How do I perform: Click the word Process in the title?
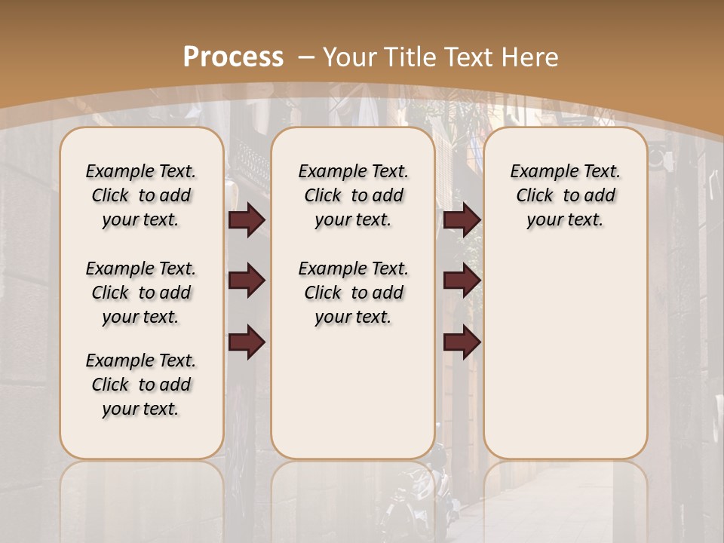(x=233, y=57)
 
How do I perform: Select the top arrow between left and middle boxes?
(x=247, y=220)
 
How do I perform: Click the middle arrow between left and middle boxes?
(x=247, y=281)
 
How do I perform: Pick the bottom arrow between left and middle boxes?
(x=247, y=342)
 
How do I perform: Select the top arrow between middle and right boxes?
(x=462, y=220)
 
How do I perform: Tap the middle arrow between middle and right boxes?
(x=462, y=281)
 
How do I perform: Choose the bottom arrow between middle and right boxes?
(x=462, y=342)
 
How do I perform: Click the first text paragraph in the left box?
(x=141, y=195)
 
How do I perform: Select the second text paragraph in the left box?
(x=141, y=293)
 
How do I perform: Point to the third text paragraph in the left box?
(x=141, y=385)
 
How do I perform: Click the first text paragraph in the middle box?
(x=353, y=195)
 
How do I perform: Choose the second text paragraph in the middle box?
(x=353, y=293)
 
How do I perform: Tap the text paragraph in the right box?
(x=565, y=195)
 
